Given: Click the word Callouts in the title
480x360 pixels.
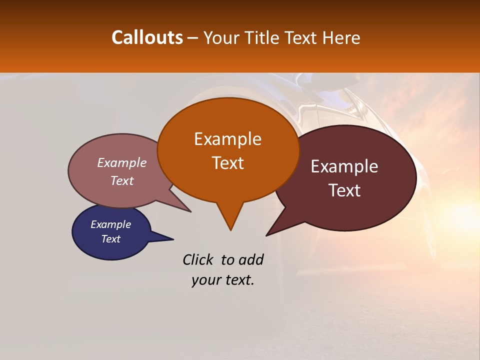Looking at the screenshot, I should [147, 37].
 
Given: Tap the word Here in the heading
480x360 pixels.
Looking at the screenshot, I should [341, 37].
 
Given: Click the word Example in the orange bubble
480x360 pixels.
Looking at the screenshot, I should [227, 139].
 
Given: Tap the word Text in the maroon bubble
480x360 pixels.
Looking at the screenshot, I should [344, 190].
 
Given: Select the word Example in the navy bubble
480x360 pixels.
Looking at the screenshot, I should [110, 224].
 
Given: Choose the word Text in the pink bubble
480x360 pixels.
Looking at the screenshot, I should [122, 180].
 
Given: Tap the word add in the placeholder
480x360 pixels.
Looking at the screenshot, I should [251, 259].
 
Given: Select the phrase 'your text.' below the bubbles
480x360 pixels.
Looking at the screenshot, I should [223, 280].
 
